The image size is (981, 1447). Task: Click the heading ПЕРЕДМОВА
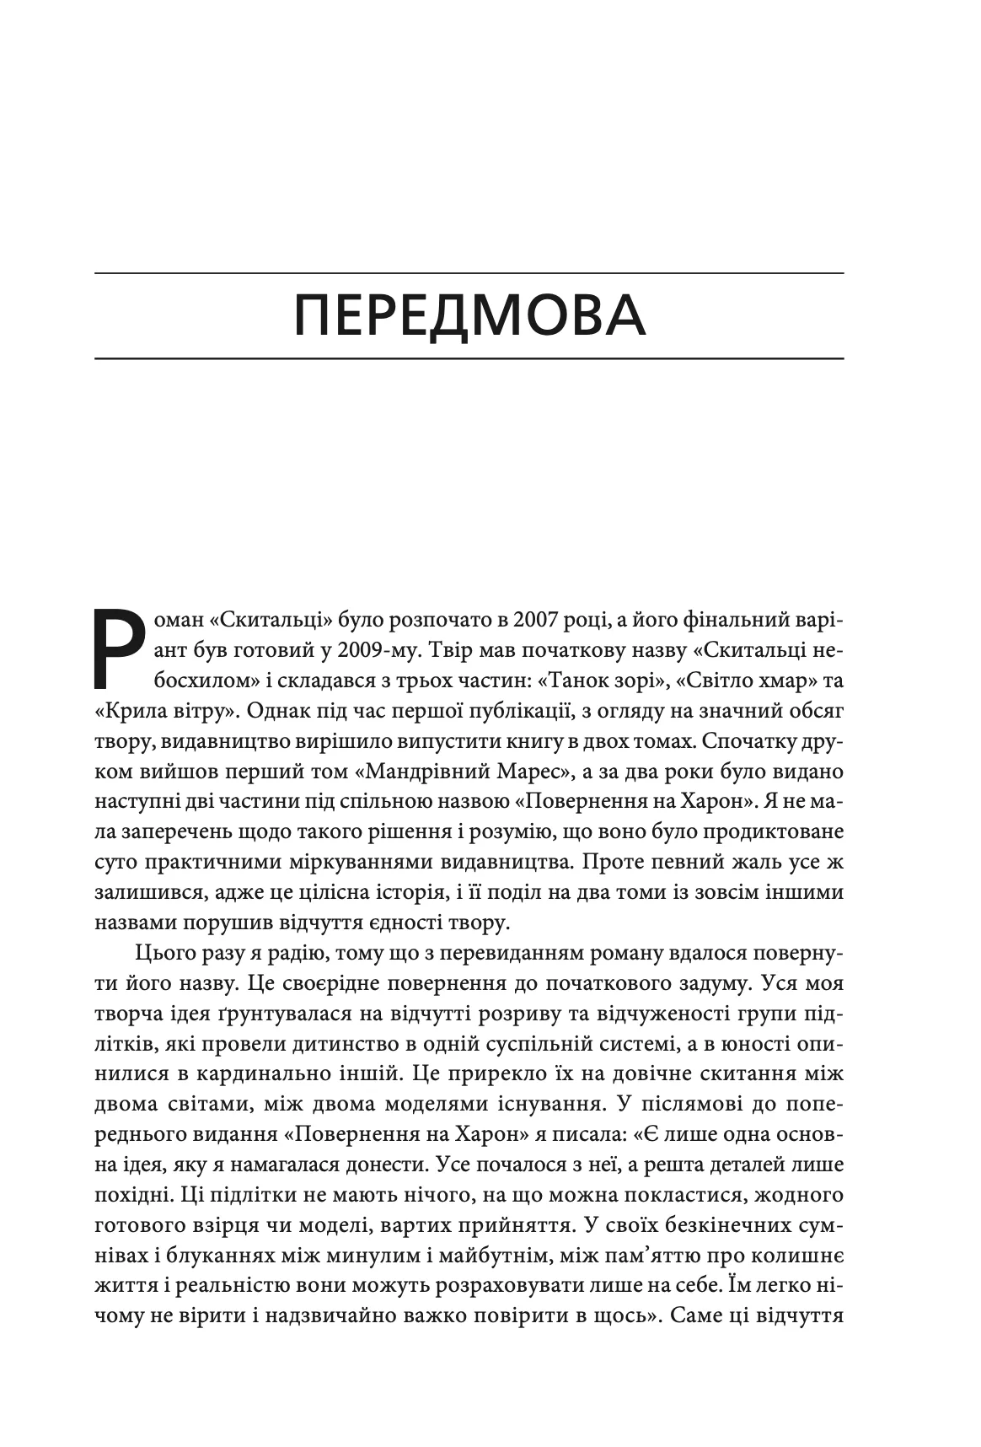click(x=469, y=316)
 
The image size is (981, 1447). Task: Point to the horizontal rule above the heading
click(x=469, y=273)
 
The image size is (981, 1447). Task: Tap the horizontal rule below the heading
click(x=469, y=359)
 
